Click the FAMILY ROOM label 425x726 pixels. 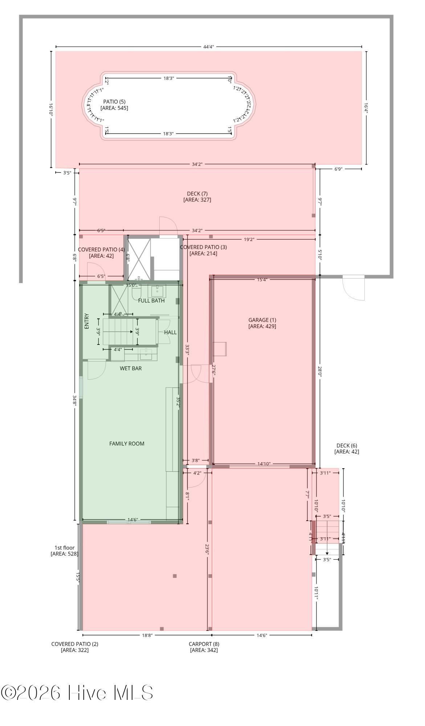[127, 443]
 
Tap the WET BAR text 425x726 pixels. [131, 368]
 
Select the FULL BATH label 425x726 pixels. [151, 301]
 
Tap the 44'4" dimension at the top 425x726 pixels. [209, 46]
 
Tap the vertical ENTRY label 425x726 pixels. [86, 321]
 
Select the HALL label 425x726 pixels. [170, 332]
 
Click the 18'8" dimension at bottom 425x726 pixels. [147, 635]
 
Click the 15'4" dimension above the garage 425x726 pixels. [262, 280]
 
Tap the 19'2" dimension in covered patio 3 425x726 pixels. [249, 239]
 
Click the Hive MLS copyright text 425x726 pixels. [77, 693]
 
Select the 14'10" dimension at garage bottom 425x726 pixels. [264, 464]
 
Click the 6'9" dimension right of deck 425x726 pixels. [338, 169]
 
